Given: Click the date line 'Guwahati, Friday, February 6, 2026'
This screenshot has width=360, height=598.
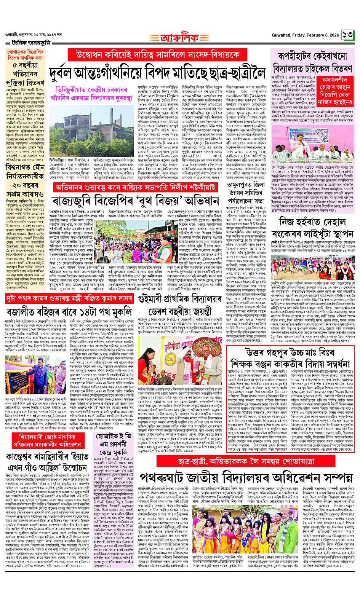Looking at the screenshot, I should [x=306, y=35].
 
